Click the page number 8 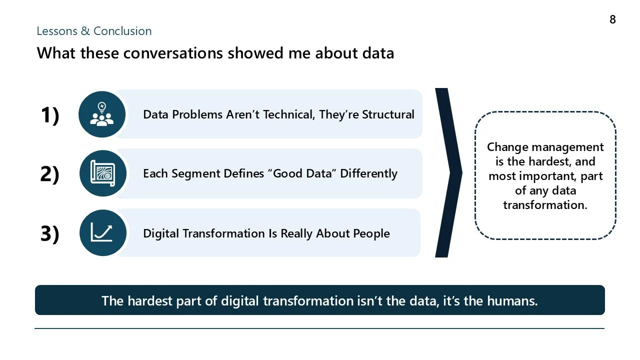pos(612,20)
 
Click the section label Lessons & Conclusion pos(94,31)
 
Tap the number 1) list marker pos(49,115)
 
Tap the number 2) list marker pos(49,174)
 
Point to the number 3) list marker pos(49,233)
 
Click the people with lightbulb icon pos(102,114)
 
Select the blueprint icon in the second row pos(102,173)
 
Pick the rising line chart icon pos(102,233)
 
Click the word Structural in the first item pos(388,114)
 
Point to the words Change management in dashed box pos(545,147)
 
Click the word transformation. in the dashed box pos(545,205)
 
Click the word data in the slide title pos(379,53)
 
